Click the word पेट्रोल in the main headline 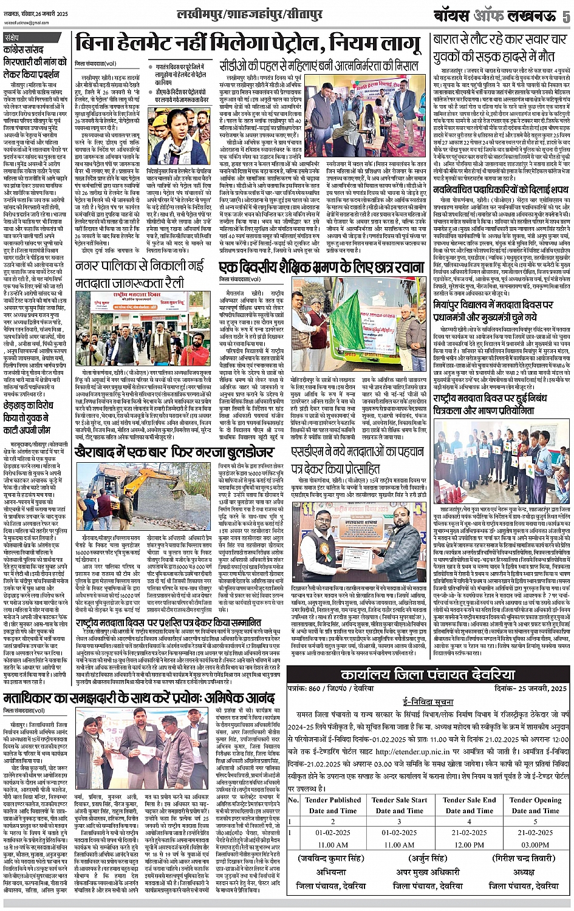click(x=281, y=45)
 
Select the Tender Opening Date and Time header click(x=535, y=805)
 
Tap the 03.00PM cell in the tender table click(x=535, y=844)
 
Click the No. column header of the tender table click(x=293, y=800)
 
